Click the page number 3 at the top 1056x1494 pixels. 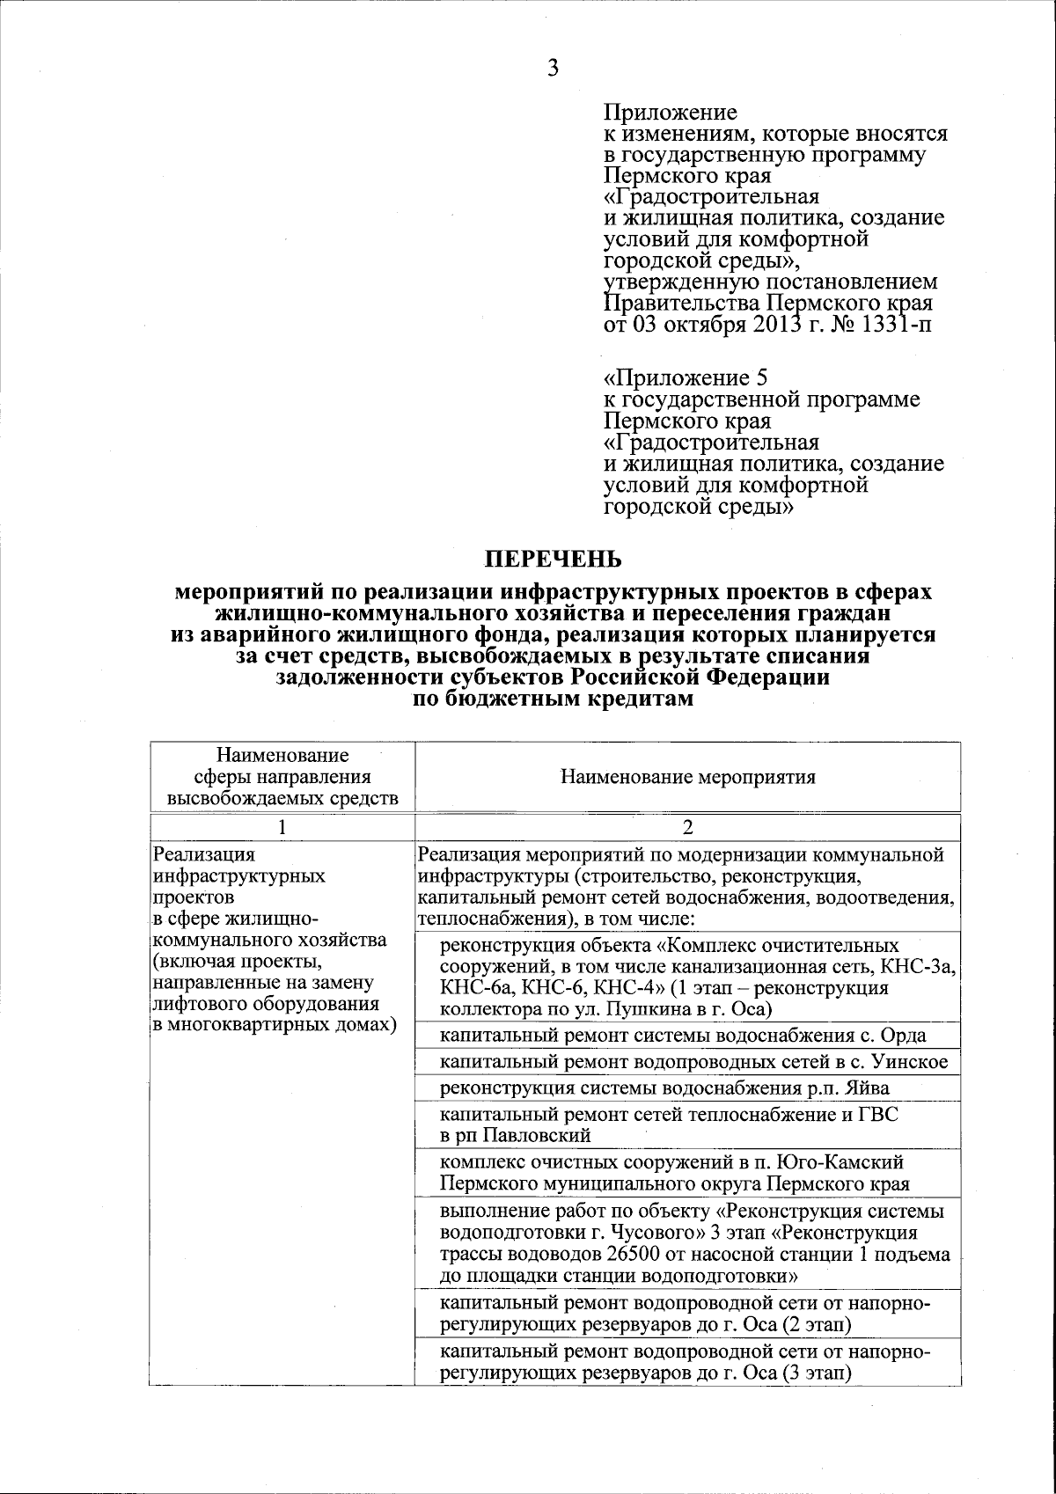pyautogui.click(x=553, y=69)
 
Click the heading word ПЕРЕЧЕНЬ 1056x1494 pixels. pyautogui.click(x=554, y=560)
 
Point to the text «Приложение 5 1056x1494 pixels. pyautogui.click(x=686, y=378)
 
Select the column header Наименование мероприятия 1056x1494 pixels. pyautogui.click(x=687, y=777)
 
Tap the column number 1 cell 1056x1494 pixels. pyautogui.click(x=282, y=827)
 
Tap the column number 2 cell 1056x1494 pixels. pyautogui.click(x=687, y=827)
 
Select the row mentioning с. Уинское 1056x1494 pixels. pyautogui.click(x=693, y=1062)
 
